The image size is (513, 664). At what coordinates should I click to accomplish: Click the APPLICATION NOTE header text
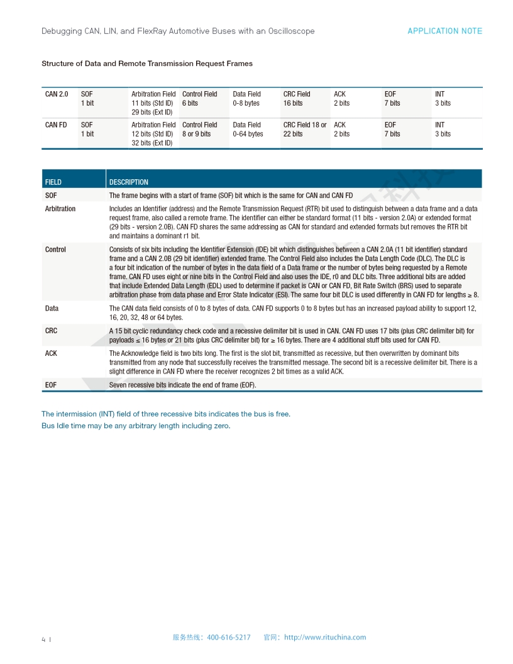point(444,31)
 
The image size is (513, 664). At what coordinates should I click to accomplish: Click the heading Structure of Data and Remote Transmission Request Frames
point(147,64)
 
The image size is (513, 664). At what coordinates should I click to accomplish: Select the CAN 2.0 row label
point(57,94)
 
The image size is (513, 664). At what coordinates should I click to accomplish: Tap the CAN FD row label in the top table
point(56,125)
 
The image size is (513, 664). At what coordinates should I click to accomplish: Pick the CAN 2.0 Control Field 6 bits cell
point(199,99)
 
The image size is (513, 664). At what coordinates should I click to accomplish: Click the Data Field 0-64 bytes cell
point(248,130)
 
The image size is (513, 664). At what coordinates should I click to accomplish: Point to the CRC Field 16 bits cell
point(297,99)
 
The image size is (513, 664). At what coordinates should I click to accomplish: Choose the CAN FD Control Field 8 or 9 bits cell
point(199,130)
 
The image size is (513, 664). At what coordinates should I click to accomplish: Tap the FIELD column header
point(53,182)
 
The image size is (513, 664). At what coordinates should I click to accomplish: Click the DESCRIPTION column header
point(129,182)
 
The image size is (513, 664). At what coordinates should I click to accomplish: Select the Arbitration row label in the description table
point(60,209)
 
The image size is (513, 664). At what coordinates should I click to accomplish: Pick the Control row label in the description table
point(55,250)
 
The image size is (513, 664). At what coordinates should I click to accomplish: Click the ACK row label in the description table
point(51,353)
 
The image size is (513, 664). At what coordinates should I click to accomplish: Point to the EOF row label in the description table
point(51,385)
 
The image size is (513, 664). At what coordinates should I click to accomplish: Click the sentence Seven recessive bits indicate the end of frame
point(182,385)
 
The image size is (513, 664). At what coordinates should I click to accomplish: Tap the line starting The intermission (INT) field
point(166,414)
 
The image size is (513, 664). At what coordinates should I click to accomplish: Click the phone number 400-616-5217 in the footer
point(228,637)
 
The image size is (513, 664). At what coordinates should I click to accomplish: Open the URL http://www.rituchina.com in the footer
point(324,637)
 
